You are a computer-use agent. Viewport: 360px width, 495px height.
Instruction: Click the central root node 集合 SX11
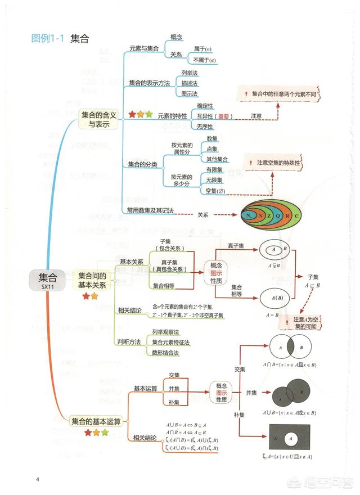(x=48, y=280)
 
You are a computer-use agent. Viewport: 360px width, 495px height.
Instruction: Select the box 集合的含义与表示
(x=98, y=119)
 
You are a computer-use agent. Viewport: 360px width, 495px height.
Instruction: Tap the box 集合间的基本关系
(x=92, y=280)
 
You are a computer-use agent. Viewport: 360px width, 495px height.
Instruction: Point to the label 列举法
(x=189, y=73)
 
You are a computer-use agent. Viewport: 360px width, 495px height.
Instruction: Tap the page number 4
(x=37, y=479)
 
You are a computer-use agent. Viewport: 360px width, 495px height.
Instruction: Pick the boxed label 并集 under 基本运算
(x=174, y=389)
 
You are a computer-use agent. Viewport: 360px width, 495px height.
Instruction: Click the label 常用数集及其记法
(x=150, y=210)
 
